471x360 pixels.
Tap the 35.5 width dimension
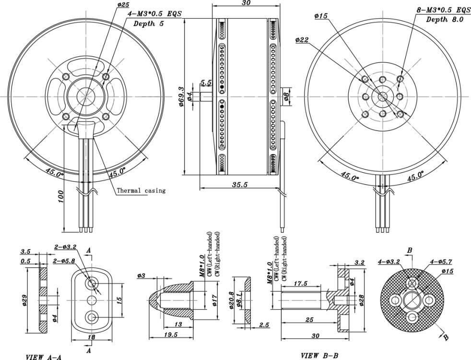pos(238,184)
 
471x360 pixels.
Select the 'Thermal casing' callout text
pos(141,191)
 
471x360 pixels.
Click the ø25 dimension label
pos(123,5)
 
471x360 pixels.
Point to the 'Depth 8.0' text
pos(445,19)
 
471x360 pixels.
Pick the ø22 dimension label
pos(302,40)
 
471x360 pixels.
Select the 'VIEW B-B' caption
pos(319,356)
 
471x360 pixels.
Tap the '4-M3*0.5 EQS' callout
pos(154,14)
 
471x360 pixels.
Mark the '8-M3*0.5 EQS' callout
pos(444,10)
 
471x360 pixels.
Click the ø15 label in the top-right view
pos(321,16)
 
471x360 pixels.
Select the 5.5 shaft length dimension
pos(206,83)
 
